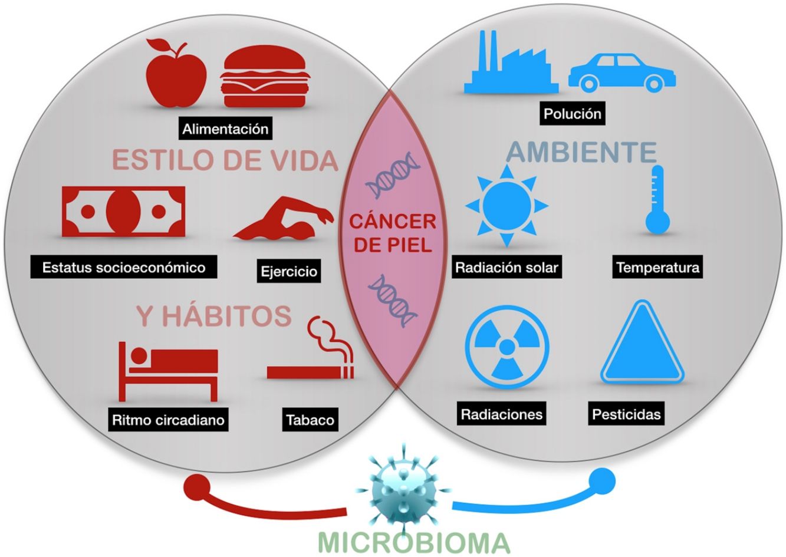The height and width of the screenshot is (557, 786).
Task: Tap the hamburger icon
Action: pos(264,77)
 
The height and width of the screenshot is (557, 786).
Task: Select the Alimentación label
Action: pos(225,129)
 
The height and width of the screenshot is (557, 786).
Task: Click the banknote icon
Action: pos(123,211)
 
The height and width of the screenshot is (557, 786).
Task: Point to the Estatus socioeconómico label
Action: pos(124,268)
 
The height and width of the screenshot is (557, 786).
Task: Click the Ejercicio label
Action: pos(289,272)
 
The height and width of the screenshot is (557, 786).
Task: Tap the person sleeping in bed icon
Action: pos(167,370)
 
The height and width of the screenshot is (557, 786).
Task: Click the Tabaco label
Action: pos(310,420)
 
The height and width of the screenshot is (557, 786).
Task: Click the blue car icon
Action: pos(621,73)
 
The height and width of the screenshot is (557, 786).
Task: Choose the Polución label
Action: pos(573,114)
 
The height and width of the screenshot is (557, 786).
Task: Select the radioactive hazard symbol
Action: pos(507,347)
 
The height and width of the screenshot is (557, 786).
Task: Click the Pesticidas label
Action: pos(626,414)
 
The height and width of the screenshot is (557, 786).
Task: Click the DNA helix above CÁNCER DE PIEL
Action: pos(393,174)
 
